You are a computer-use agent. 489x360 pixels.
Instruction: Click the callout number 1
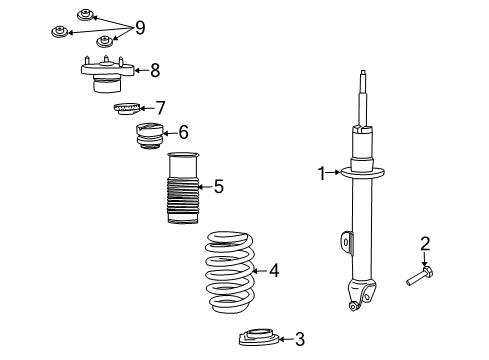point(322,173)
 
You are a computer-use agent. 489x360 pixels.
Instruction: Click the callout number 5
point(218,185)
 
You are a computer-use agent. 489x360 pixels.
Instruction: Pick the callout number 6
point(183,132)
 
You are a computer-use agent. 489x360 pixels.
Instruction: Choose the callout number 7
point(159,106)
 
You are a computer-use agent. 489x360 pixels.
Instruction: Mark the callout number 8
point(154,70)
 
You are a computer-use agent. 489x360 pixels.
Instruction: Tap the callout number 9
point(140,25)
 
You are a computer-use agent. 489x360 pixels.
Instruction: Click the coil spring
point(230,270)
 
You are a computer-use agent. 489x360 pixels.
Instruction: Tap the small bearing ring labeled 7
point(126,108)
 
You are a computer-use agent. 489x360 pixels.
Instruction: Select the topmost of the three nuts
point(85,15)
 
